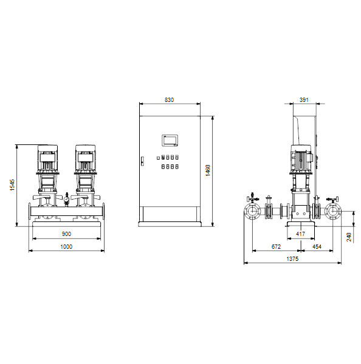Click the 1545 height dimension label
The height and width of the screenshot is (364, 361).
pos(12,185)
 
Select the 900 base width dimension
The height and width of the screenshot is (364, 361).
pos(66,234)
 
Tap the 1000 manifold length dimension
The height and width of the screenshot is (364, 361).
pos(66,246)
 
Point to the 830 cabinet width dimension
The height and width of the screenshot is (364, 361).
pos(169,100)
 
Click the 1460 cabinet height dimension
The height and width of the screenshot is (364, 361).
pos(208,170)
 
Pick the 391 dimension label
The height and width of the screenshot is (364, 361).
pos(304,100)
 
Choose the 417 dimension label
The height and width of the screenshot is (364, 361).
pos(300,234)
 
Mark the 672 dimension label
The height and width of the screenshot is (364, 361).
pos(276,246)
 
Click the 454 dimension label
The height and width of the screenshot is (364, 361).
pos(317,246)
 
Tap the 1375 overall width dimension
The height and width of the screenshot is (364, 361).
pos(292,259)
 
